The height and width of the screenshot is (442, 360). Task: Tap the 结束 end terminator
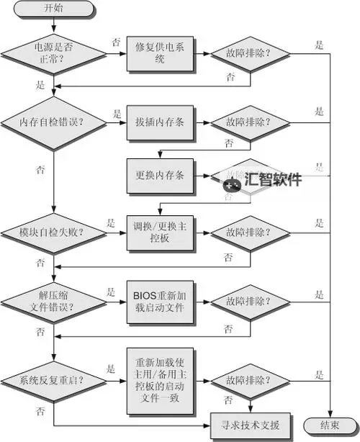pos(330,425)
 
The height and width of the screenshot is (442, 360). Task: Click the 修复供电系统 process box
pos(160,53)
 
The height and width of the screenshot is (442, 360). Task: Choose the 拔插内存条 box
pos(160,121)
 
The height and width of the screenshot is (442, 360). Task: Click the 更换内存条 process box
pos(160,175)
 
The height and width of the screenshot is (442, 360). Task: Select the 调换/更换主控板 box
pos(160,233)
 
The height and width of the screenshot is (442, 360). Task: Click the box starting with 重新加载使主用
pos(160,379)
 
